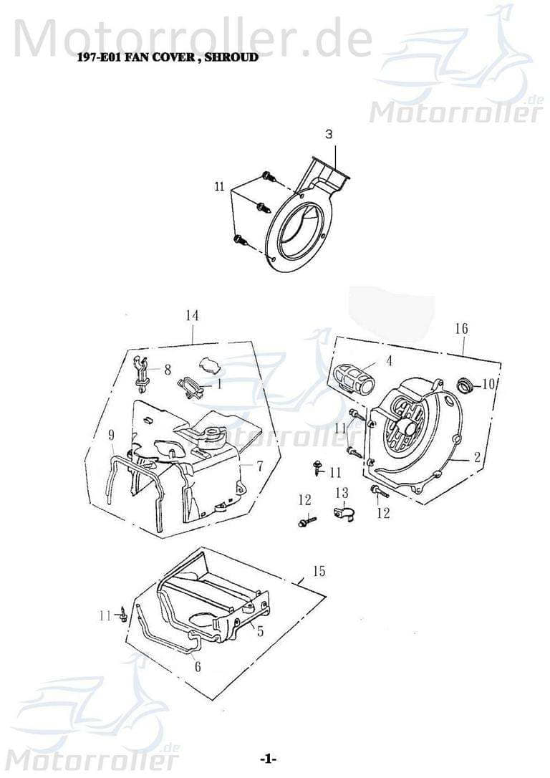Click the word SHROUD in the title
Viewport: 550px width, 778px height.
(231, 57)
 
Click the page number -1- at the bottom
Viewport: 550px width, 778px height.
(268, 759)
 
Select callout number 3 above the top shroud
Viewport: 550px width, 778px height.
(329, 134)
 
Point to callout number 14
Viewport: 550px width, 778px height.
(192, 316)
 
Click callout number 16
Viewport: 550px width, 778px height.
(462, 328)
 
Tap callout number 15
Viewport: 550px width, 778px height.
(319, 571)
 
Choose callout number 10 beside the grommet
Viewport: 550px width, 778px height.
(488, 384)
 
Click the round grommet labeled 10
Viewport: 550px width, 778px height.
(466, 387)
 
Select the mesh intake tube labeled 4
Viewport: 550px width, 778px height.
(355, 377)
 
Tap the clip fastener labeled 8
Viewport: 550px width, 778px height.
(142, 372)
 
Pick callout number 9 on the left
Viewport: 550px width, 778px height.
(112, 435)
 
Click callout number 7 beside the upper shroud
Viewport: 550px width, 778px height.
(259, 466)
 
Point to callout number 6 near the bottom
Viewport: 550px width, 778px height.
(198, 666)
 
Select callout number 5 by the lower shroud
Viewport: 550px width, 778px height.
(261, 631)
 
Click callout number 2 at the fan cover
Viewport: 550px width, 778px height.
(476, 458)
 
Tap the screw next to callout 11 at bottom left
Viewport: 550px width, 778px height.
(125, 613)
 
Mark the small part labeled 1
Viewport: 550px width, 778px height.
(190, 387)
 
